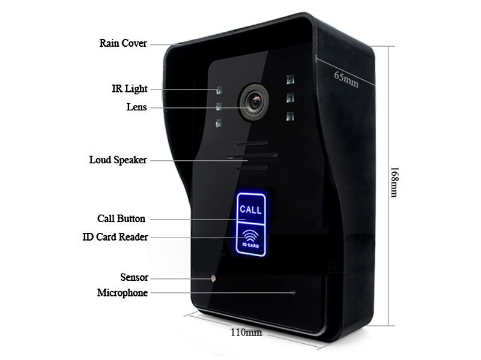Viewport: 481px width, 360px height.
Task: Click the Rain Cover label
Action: pyautogui.click(x=123, y=44)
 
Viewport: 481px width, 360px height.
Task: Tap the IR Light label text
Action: pyautogui.click(x=129, y=89)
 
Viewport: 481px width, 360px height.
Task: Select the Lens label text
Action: pyautogui.click(x=136, y=107)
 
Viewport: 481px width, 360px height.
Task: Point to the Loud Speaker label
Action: pyautogui.click(x=118, y=160)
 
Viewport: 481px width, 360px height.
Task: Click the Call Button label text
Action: pyautogui.click(x=121, y=218)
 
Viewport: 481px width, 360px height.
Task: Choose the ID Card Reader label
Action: pyautogui.click(x=115, y=237)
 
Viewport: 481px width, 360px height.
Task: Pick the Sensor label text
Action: pyautogui.click(x=134, y=278)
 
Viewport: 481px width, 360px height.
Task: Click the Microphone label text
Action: pyautogui.click(x=122, y=293)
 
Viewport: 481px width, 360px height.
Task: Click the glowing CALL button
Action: pyautogui.click(x=250, y=210)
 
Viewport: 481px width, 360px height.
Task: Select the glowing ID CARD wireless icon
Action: pyautogui.click(x=250, y=236)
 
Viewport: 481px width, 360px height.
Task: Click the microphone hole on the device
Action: pyautogui.click(x=293, y=293)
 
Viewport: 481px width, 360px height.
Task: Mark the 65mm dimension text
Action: pyautogui.click(x=346, y=79)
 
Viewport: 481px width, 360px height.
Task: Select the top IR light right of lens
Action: pyautogui.click(x=290, y=80)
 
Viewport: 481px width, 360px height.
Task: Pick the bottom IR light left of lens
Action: pyautogui.click(x=219, y=124)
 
